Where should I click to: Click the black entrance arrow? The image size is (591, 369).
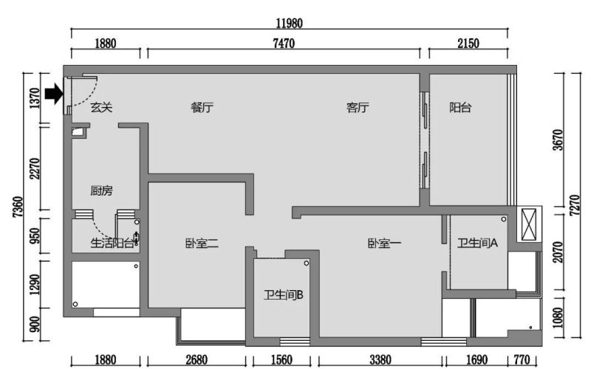(54, 94)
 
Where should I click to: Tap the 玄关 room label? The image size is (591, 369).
(101, 108)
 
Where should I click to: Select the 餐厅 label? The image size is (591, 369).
(202, 108)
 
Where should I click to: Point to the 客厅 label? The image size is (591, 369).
(358, 108)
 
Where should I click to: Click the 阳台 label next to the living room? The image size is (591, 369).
(460, 108)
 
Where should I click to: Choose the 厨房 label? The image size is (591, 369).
(101, 190)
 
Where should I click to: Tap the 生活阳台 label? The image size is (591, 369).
(112, 244)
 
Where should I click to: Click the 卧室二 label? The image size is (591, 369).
(202, 244)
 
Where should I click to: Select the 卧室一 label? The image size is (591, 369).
(384, 244)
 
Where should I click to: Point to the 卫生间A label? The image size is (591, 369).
(477, 244)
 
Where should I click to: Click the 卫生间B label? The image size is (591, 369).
(284, 294)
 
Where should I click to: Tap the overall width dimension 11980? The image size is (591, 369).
(289, 24)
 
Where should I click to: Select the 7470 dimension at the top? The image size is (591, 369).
(284, 44)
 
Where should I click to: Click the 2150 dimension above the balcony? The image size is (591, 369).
(468, 44)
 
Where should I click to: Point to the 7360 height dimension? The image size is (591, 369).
(18, 207)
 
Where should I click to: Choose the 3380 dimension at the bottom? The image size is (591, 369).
(380, 360)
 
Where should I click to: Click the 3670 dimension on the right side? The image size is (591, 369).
(558, 139)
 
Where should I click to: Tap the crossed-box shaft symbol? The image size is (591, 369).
(529, 224)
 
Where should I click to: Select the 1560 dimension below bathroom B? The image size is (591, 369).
(281, 360)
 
